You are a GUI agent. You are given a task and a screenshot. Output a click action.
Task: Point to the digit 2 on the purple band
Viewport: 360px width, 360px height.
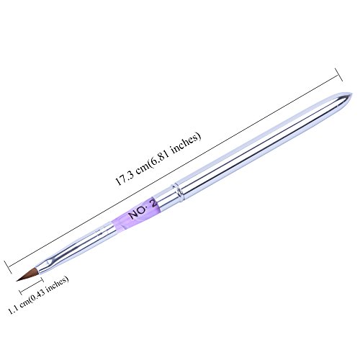coord(153,204)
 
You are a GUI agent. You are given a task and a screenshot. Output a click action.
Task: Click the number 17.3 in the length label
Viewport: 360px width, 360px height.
coord(125,178)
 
